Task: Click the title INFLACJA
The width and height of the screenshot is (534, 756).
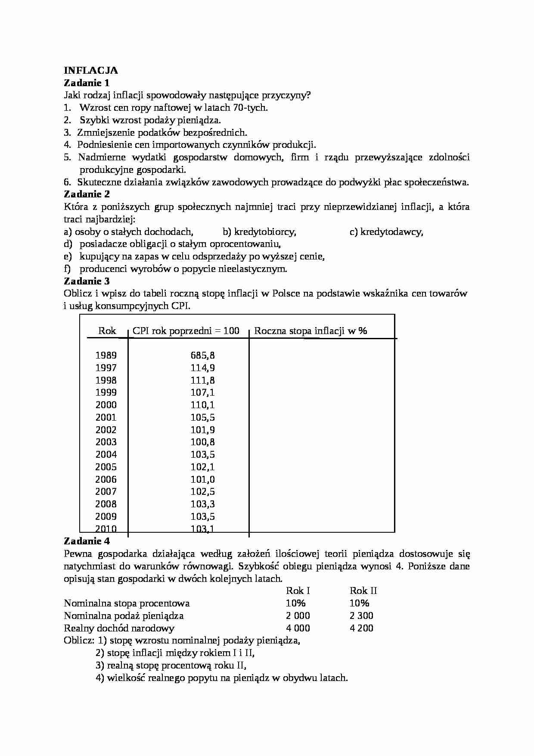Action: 90,70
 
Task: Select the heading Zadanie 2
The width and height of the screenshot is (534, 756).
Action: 87,194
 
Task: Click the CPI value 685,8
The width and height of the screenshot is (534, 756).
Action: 202,356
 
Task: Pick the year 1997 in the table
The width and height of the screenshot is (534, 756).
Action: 106,368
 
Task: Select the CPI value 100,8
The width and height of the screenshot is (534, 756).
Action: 202,442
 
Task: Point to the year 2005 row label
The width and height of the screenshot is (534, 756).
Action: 106,467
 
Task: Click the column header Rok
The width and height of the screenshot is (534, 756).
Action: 107,331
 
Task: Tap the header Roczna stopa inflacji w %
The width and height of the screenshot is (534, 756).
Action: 310,331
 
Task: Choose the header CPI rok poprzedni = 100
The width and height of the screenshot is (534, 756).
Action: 186,331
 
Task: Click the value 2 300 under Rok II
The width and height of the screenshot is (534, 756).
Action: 361,616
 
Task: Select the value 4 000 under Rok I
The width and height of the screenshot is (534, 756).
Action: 298,628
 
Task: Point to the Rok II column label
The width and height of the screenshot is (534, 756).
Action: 363,591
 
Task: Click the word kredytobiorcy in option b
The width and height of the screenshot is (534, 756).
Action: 264,232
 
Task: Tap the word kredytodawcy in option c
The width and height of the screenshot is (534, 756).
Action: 391,232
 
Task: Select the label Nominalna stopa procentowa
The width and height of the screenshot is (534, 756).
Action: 127,603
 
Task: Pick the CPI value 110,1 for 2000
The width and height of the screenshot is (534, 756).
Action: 202,405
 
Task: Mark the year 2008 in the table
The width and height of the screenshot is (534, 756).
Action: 106,504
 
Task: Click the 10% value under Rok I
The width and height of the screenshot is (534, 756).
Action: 295,603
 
